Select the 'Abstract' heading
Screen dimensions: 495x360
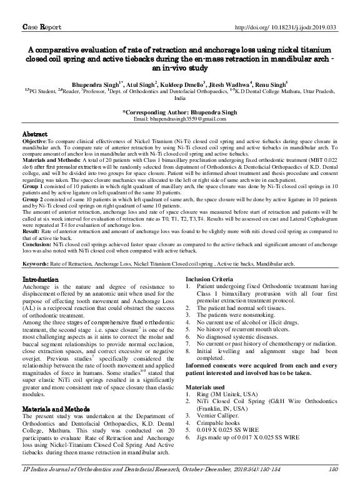(x=34, y=134)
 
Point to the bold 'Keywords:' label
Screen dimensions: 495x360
(x=38, y=282)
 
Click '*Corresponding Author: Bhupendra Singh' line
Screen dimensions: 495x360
(x=179, y=111)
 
